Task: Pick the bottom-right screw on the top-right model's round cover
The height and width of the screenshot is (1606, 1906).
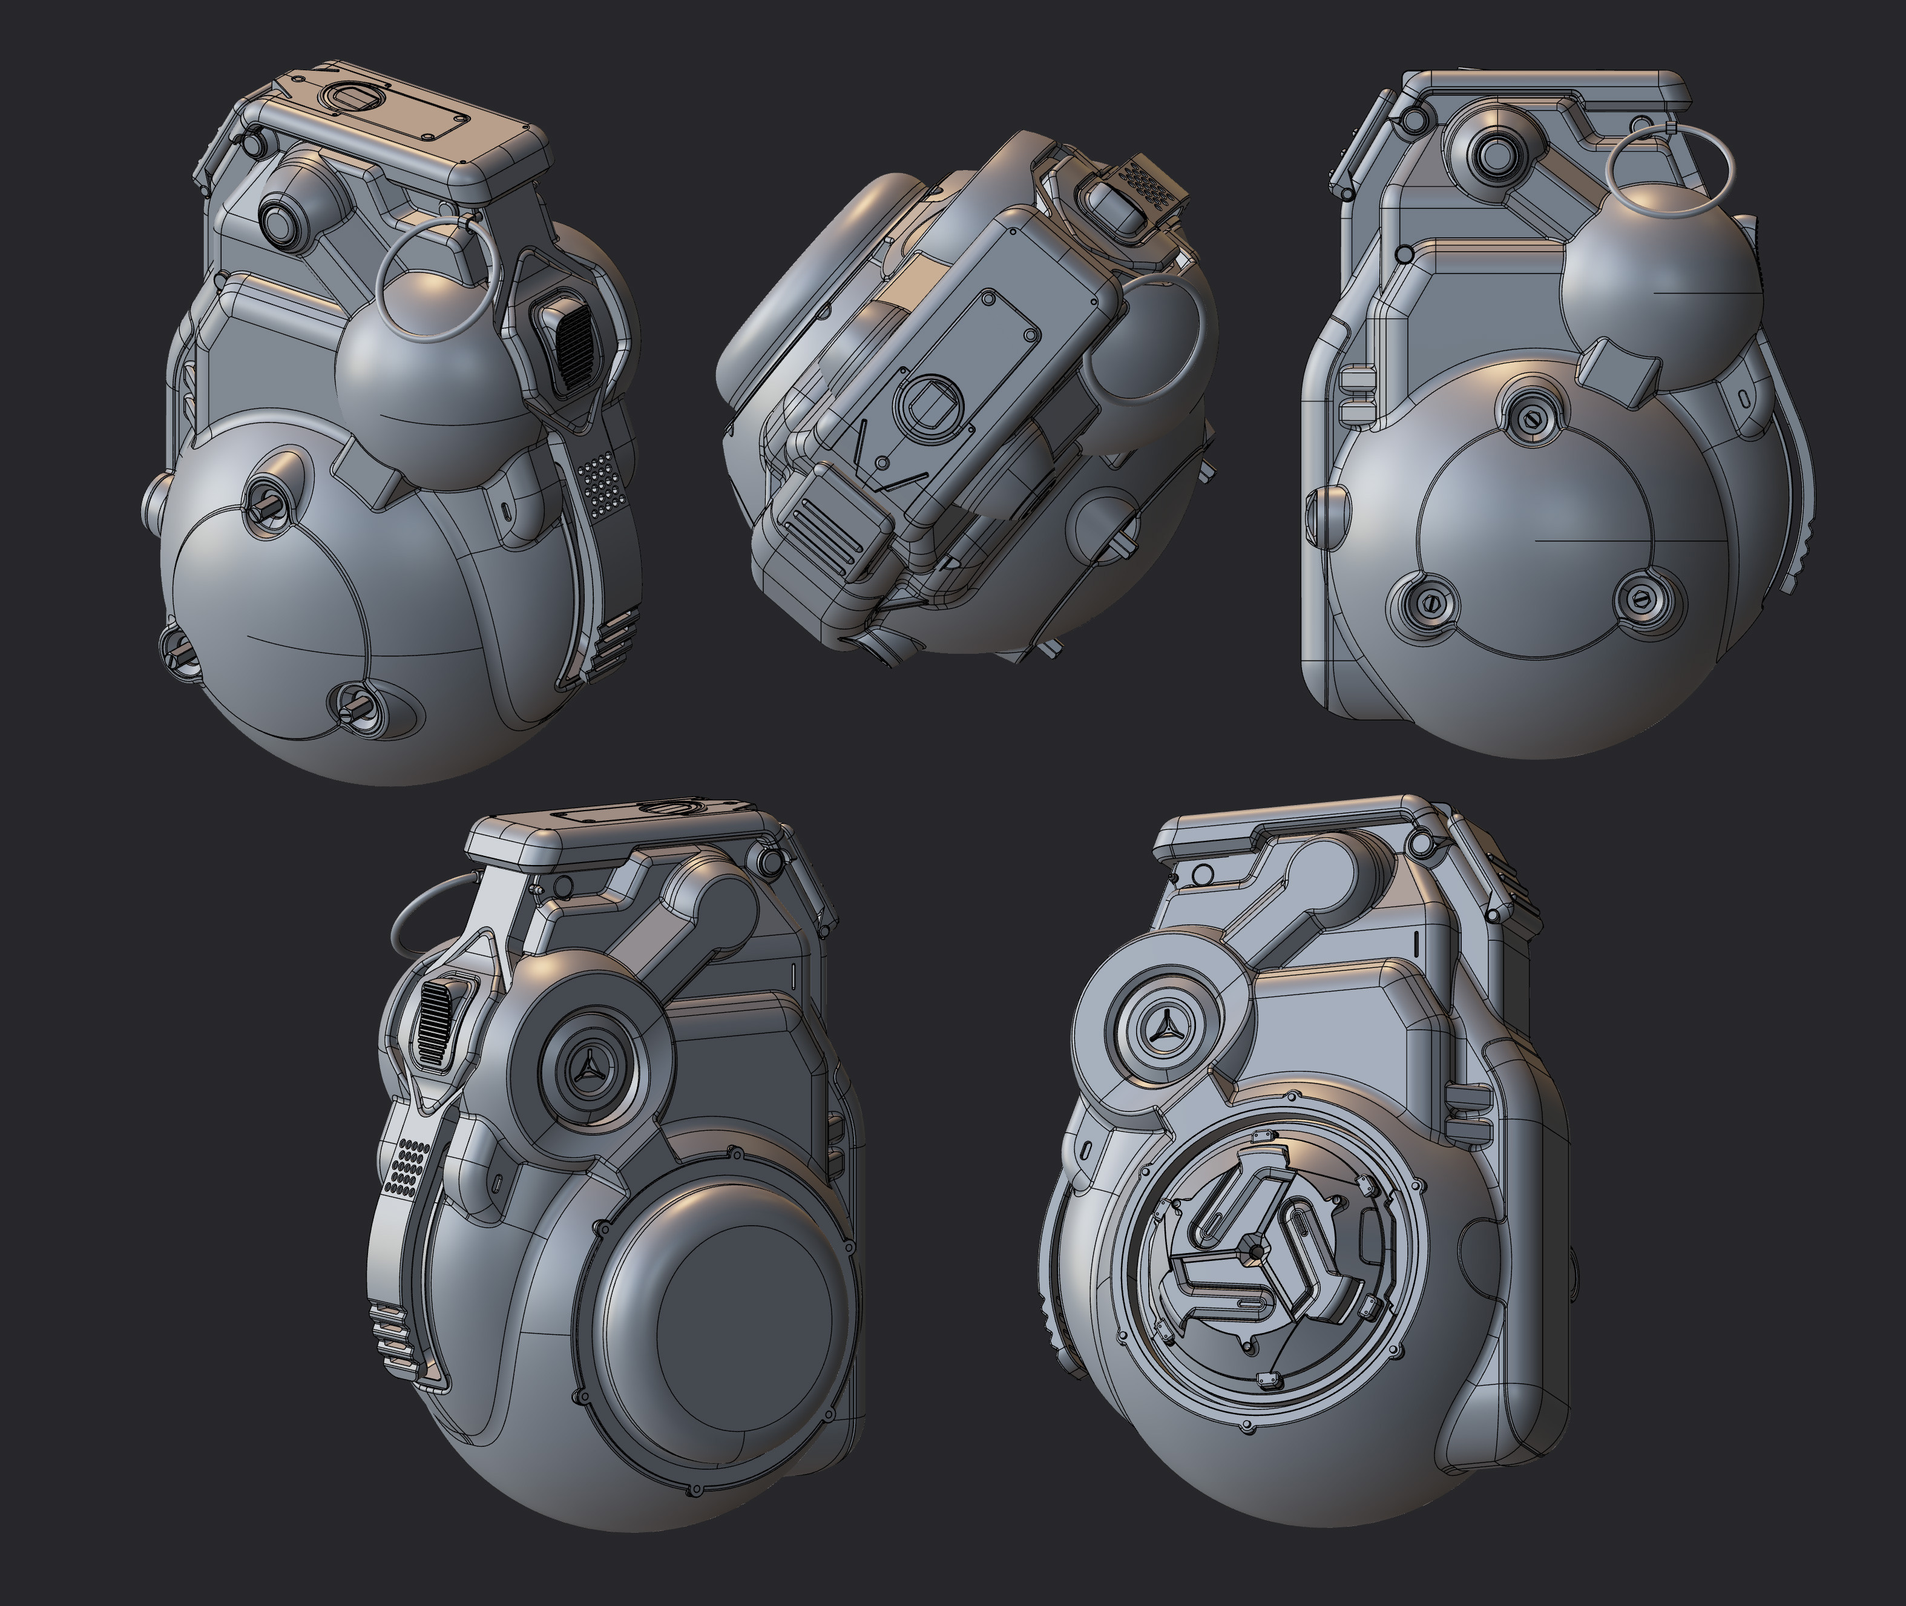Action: pyautogui.click(x=1644, y=599)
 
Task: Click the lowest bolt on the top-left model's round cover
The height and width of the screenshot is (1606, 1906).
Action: pyautogui.click(x=349, y=703)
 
